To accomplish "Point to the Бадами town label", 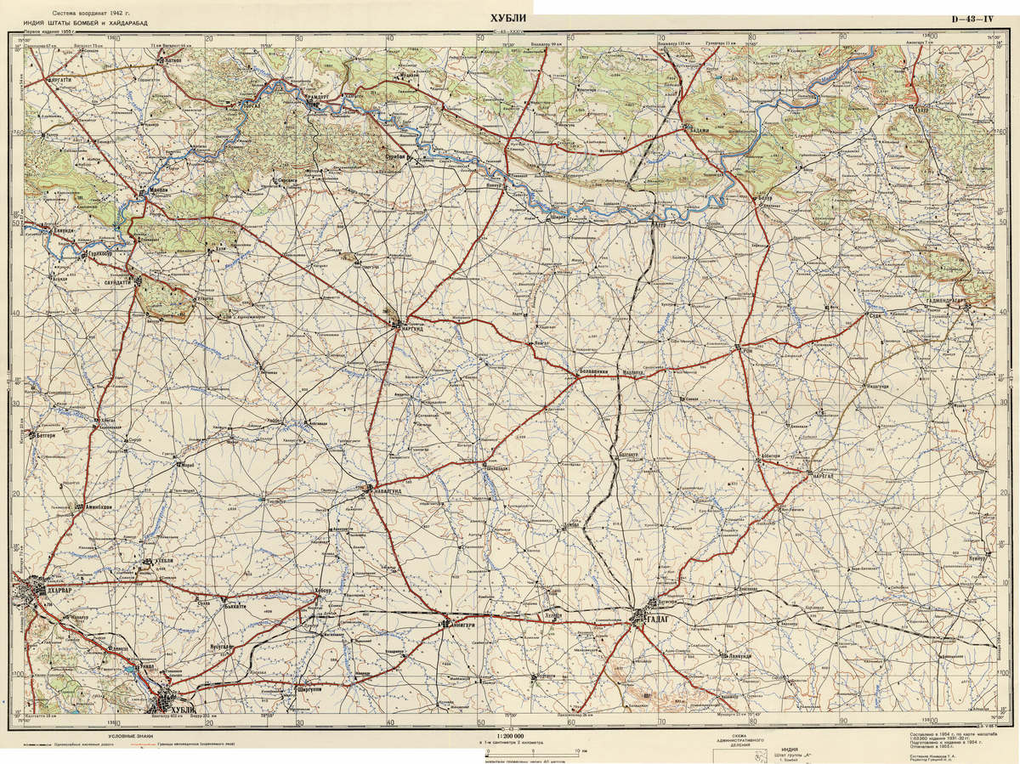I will click(x=699, y=129).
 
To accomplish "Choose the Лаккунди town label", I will click(x=733, y=655).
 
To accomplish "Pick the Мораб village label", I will click(x=189, y=465).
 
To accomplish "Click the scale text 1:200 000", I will click(x=508, y=735).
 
